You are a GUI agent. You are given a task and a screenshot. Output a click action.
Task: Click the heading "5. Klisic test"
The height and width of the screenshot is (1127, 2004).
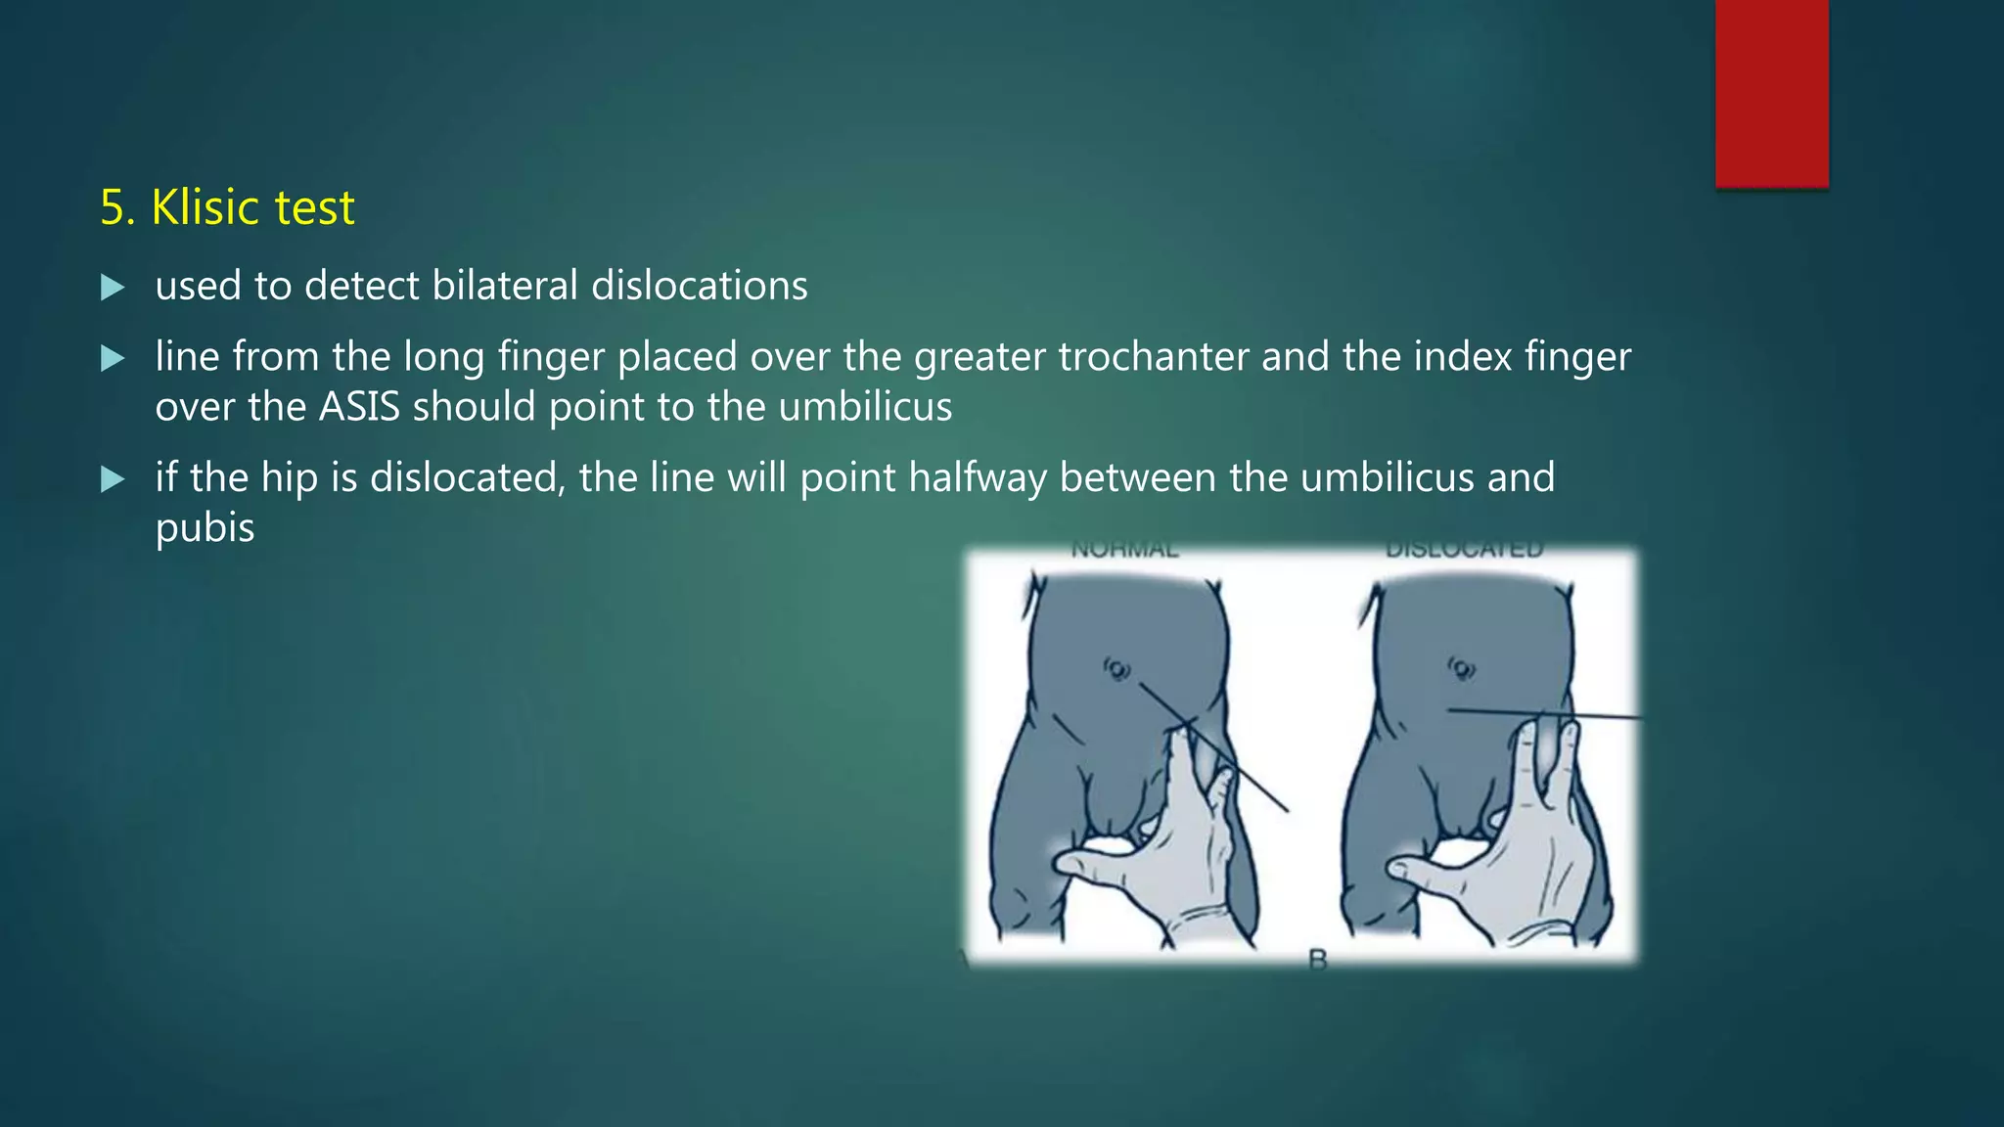[227, 207]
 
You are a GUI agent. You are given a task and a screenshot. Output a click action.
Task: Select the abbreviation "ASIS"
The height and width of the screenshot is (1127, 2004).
[360, 407]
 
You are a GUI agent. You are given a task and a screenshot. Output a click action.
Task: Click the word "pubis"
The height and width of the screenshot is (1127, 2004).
[205, 528]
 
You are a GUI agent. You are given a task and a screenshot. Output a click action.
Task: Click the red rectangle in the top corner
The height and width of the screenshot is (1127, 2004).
[1771, 93]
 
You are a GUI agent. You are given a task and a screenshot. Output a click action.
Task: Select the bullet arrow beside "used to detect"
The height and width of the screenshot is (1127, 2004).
[113, 288]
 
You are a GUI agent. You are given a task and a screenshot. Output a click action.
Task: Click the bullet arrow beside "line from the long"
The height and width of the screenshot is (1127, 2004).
[113, 358]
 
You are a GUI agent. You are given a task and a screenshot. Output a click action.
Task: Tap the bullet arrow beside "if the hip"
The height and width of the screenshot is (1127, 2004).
[113, 479]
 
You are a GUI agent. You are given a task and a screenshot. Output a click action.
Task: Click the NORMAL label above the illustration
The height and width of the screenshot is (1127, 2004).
[1125, 550]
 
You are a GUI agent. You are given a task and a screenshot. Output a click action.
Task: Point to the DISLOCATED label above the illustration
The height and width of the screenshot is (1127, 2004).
[1464, 550]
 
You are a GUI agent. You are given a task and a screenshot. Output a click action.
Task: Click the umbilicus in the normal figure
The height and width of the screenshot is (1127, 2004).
[1117, 670]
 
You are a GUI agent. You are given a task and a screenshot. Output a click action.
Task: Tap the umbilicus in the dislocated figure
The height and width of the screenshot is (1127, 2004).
[1462, 669]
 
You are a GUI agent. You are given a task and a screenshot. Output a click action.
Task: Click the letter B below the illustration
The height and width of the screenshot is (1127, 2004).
[1318, 961]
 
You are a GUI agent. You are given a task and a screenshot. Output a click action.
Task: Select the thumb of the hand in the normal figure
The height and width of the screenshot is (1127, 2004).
[1086, 864]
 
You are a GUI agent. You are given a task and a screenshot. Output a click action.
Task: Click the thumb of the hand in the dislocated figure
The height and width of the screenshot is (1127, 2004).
[1419, 868]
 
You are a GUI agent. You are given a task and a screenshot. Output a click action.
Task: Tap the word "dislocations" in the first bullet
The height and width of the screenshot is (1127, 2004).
[700, 286]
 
